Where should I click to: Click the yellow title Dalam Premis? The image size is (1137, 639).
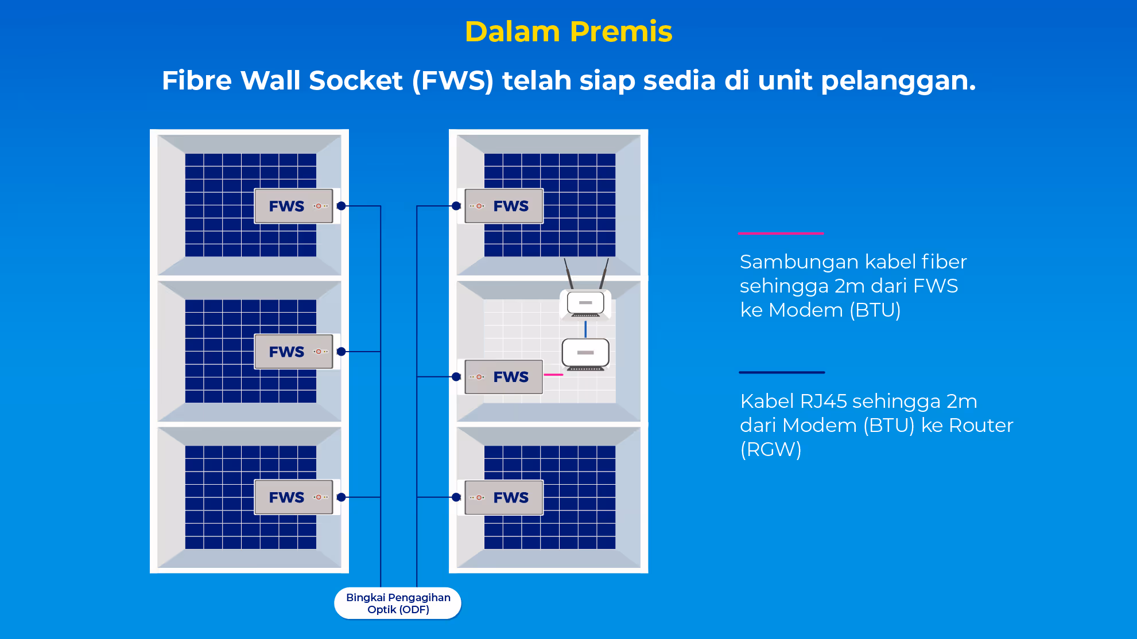pyautogui.click(x=568, y=32)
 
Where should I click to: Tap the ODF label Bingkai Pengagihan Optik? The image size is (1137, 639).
pyautogui.click(x=398, y=603)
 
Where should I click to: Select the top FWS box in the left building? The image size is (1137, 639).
pyautogui.click(x=293, y=206)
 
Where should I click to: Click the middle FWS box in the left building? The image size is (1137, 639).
pyautogui.click(x=293, y=352)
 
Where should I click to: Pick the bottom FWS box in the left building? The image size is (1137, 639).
pyautogui.click(x=293, y=497)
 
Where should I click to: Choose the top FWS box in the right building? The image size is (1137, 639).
pyautogui.click(x=504, y=206)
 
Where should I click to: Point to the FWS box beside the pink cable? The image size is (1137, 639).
pyautogui.click(x=504, y=377)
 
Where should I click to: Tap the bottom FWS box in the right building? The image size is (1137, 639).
pyautogui.click(x=504, y=497)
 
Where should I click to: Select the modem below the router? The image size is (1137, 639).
pyautogui.click(x=585, y=353)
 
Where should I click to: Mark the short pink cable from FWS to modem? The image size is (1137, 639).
pyautogui.click(x=553, y=375)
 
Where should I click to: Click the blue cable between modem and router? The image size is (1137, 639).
pyautogui.click(x=585, y=329)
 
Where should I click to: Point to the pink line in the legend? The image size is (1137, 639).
pyautogui.click(x=781, y=233)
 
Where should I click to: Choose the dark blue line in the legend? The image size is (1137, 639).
pyautogui.click(x=782, y=372)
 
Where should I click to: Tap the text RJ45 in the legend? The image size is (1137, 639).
pyautogui.click(x=823, y=402)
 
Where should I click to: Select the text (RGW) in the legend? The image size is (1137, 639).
pyautogui.click(x=770, y=450)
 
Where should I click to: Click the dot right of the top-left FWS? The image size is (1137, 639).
pyautogui.click(x=342, y=206)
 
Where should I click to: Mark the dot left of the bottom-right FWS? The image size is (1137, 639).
pyautogui.click(x=456, y=497)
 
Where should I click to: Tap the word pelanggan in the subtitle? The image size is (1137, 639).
pyautogui.click(x=898, y=81)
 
